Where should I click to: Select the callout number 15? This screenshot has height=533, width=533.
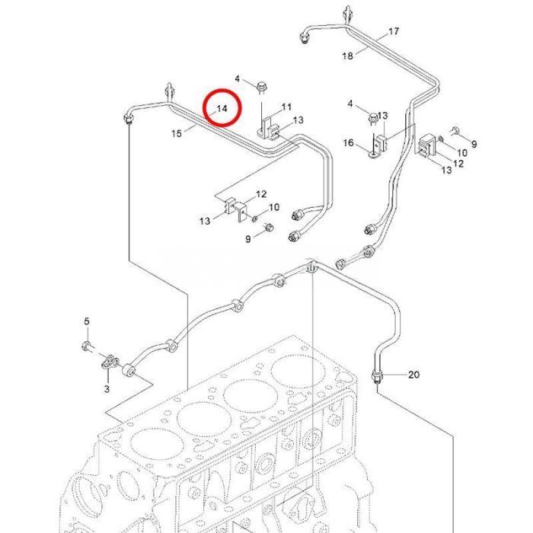click(x=177, y=133)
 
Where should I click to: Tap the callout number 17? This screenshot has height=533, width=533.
click(x=394, y=31)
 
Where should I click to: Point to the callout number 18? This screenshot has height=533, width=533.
click(x=348, y=56)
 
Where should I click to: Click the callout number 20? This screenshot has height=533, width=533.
click(x=413, y=374)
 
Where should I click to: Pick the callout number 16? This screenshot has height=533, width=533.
click(x=349, y=143)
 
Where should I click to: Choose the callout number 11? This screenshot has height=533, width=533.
click(x=287, y=106)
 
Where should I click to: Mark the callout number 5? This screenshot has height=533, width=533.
click(x=87, y=321)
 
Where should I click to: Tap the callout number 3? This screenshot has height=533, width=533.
click(x=107, y=388)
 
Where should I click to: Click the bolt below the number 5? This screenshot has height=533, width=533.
click(x=87, y=348)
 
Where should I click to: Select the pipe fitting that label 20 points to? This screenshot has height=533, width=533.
click(x=377, y=375)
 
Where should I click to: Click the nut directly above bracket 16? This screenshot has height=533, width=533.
click(x=373, y=117)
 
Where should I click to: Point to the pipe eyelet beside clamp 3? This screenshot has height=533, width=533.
click(x=129, y=372)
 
